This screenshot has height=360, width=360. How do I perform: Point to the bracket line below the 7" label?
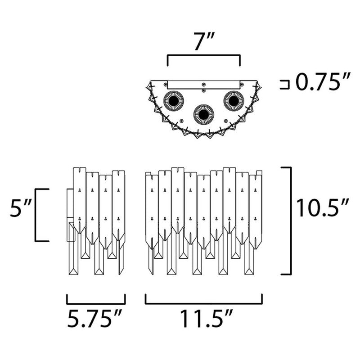click(203, 56)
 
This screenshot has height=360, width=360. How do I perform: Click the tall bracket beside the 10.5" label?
click(290, 220)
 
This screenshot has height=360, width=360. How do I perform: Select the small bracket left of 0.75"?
click(283, 85)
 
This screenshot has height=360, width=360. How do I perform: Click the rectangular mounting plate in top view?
click(203, 85)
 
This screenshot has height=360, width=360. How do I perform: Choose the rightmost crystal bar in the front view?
click(256, 209)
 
